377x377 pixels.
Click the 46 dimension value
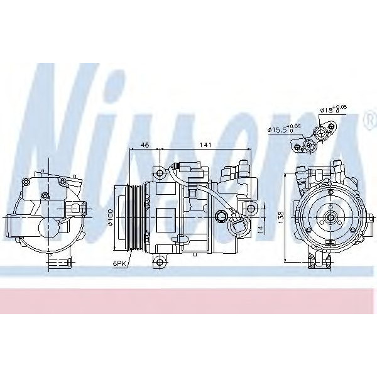coord(145,145)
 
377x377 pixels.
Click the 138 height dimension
coord(280,216)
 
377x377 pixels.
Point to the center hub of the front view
coord(329,219)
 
